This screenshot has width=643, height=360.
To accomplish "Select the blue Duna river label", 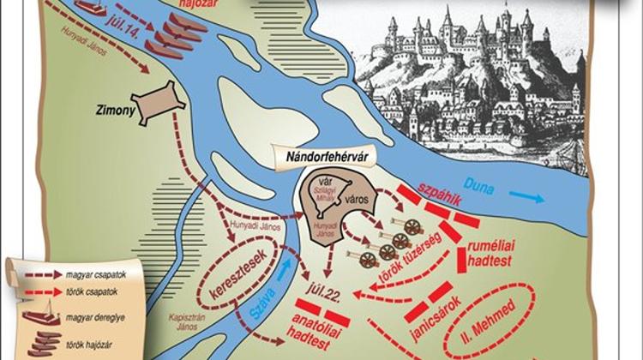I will click(x=483, y=187).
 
